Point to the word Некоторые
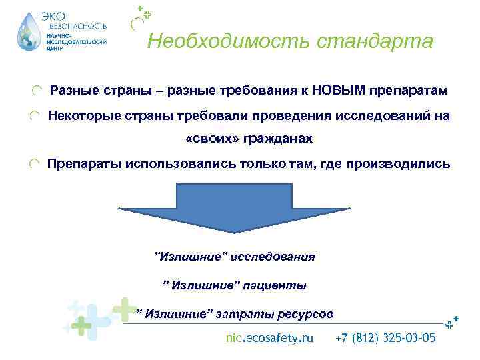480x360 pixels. [78, 115]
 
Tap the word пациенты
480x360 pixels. [273, 285]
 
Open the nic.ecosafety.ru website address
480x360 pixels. [269, 338]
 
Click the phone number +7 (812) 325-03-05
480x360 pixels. [386, 338]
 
